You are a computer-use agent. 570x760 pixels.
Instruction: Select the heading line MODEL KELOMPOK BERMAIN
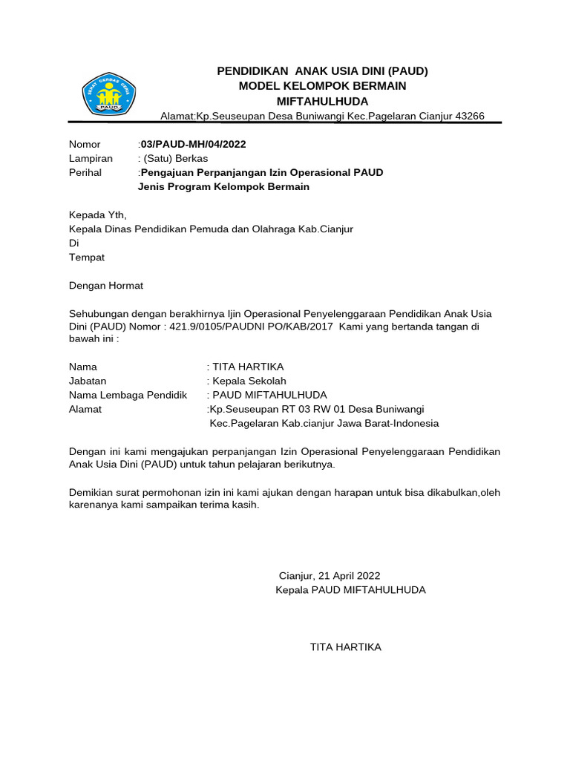click(x=322, y=86)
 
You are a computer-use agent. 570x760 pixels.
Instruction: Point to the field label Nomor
click(x=85, y=144)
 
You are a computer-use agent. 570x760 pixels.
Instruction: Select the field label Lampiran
click(x=91, y=158)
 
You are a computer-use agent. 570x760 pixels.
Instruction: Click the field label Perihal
click(x=86, y=172)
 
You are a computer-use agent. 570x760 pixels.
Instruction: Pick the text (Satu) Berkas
click(x=174, y=158)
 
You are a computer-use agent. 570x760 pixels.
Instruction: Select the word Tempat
click(x=87, y=258)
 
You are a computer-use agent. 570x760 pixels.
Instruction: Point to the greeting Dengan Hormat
click(x=106, y=286)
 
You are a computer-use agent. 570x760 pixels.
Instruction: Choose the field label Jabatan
click(x=88, y=381)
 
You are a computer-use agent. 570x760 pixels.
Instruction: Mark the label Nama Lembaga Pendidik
click(x=128, y=395)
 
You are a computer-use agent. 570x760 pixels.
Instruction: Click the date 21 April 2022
click(x=348, y=575)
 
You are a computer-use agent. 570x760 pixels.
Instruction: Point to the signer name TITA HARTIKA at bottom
click(x=345, y=647)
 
